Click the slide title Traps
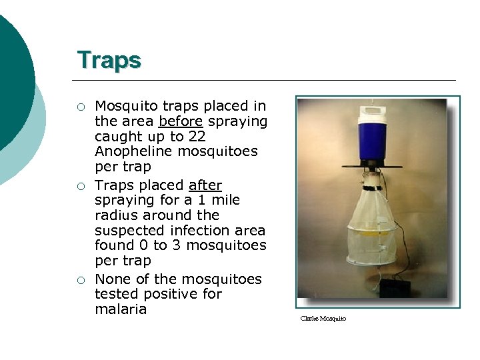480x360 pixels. coord(109,60)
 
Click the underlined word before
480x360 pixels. coord(181,121)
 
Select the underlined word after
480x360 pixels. coord(205,185)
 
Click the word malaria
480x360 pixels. coord(121,309)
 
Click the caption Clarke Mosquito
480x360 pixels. coord(323,319)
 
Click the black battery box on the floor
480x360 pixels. coord(394,287)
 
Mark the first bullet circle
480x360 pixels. coord(80,107)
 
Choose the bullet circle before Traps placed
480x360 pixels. coord(80,185)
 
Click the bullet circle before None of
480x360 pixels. coord(80,279)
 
